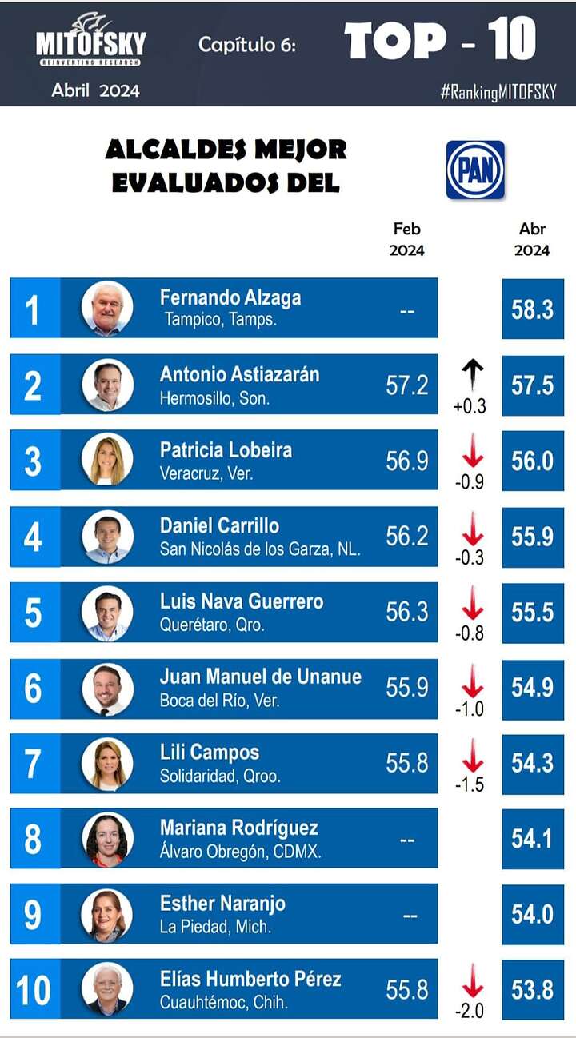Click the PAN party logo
pos(475,170)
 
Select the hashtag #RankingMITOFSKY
pos(498,91)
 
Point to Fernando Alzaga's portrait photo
pos(107,308)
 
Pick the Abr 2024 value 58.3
pos(532,309)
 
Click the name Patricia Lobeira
pos(226,449)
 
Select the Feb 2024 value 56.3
pos(407,612)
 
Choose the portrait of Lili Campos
pos(107,764)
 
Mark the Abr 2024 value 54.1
pos(532,838)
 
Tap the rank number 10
pos(33,990)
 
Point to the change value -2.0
pos(469,1011)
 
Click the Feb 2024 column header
pos(406,239)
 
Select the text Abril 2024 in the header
pos(95,90)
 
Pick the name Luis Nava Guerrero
pos(242,601)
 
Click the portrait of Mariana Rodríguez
pos(107,839)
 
